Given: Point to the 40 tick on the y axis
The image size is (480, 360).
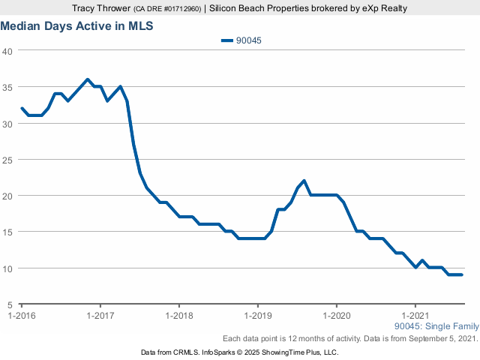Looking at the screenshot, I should tap(7, 51).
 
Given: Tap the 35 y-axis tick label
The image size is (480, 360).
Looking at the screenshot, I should tap(7, 87).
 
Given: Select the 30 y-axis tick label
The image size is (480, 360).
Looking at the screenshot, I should tap(7, 123).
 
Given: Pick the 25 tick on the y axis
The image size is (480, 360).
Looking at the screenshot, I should tap(7, 160).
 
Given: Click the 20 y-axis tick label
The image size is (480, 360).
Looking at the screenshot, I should tap(7, 196).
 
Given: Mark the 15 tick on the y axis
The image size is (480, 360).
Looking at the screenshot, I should tap(7, 232).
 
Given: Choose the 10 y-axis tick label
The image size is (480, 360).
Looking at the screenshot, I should tap(7, 268).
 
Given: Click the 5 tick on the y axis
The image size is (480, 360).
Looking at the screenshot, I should tap(10, 304).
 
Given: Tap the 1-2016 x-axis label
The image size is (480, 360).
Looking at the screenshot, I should tap(22, 316).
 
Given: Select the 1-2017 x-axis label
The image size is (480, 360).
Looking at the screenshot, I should tap(100, 316).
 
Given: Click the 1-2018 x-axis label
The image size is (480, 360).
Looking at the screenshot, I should tap(178, 316).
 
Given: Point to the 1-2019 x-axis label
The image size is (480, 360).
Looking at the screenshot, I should tap(257, 316).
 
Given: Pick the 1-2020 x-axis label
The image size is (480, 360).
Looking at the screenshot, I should tap(336, 316).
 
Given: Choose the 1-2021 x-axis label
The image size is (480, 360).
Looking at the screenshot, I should tap(415, 316).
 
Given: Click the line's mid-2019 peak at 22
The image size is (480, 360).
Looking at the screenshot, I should tap(304, 181).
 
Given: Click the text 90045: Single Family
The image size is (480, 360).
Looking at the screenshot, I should tap(436, 326).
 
